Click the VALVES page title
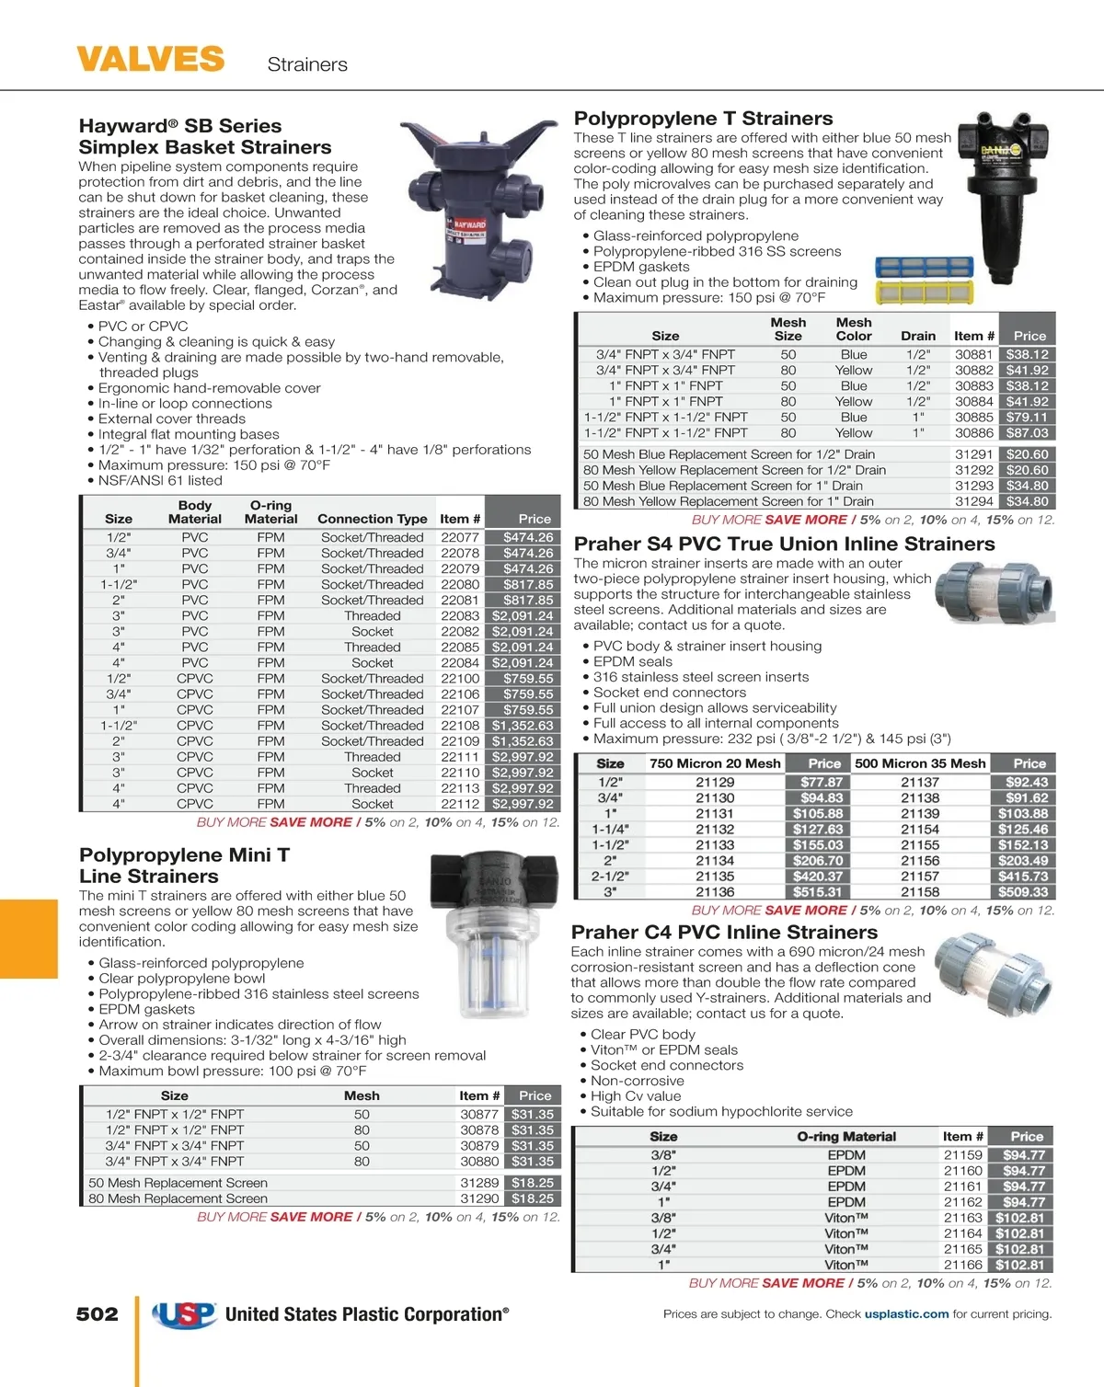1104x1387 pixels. point(150,60)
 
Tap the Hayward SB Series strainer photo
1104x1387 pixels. point(478,221)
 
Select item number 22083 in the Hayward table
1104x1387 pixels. point(460,615)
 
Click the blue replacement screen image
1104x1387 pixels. point(924,269)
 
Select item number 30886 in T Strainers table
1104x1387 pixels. point(974,432)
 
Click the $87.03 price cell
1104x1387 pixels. point(1027,432)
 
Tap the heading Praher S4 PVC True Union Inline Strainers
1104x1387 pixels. point(784,544)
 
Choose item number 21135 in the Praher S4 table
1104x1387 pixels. point(715,876)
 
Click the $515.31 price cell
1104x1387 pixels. point(817,891)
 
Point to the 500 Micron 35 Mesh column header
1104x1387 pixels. point(920,762)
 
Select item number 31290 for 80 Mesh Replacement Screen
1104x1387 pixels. point(479,1198)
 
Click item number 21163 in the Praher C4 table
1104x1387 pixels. point(963,1217)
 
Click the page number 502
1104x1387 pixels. point(98,1314)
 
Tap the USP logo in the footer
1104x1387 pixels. point(184,1314)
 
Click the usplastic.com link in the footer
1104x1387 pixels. point(906,1313)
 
